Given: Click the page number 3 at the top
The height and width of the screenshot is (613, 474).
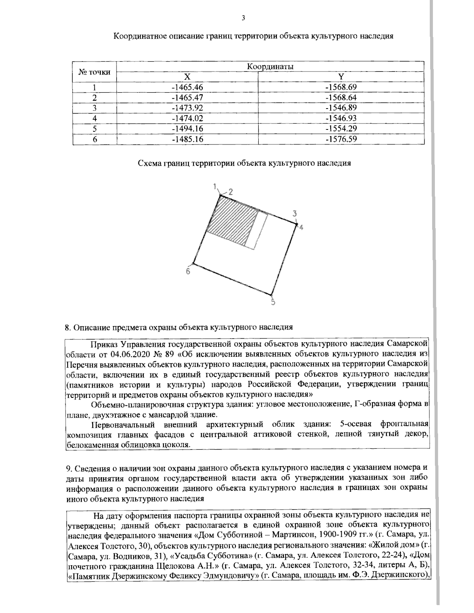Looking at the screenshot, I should click(243, 18).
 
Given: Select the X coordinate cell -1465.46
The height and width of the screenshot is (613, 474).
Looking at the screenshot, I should click(188, 87).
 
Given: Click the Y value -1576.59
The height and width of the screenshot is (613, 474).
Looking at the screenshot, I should click(341, 139).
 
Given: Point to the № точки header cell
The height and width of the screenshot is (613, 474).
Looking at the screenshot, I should click(94, 72).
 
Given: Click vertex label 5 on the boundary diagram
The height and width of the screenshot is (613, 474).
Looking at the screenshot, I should click(273, 303).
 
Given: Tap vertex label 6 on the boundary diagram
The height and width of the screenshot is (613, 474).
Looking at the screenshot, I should click(188, 272).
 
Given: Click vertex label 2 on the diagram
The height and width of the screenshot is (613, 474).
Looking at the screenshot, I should click(230, 192).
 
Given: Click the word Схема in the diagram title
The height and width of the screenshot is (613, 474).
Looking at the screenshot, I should click(149, 163).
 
